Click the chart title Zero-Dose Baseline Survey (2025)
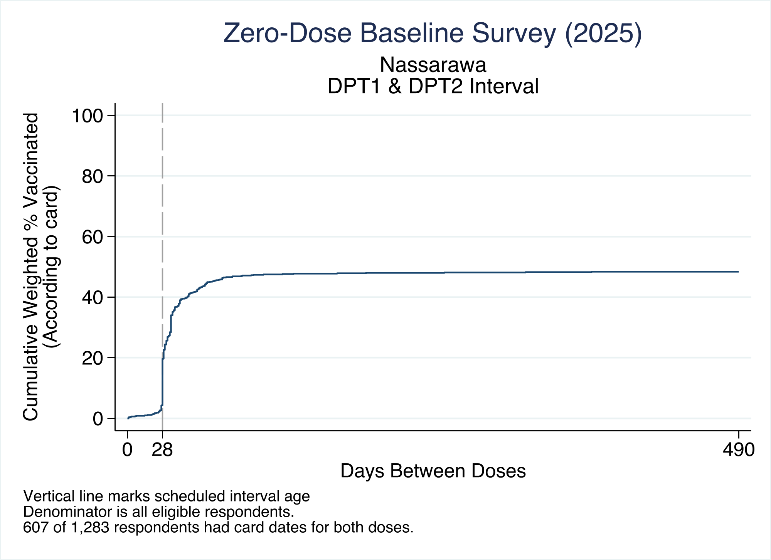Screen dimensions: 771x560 433,33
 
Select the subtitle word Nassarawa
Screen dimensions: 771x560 433,65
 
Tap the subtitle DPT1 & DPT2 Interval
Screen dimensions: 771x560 433,86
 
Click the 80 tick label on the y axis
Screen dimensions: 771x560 93,176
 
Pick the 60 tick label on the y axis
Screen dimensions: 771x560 93,236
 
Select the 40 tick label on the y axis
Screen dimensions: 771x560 93,297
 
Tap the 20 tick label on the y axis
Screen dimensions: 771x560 93,358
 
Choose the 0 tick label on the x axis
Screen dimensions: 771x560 127,449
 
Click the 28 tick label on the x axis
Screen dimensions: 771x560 162,449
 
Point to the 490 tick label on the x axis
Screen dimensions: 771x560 738,449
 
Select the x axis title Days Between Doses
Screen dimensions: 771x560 433,471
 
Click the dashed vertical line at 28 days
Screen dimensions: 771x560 162,267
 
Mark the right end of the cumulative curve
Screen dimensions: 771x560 738,272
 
